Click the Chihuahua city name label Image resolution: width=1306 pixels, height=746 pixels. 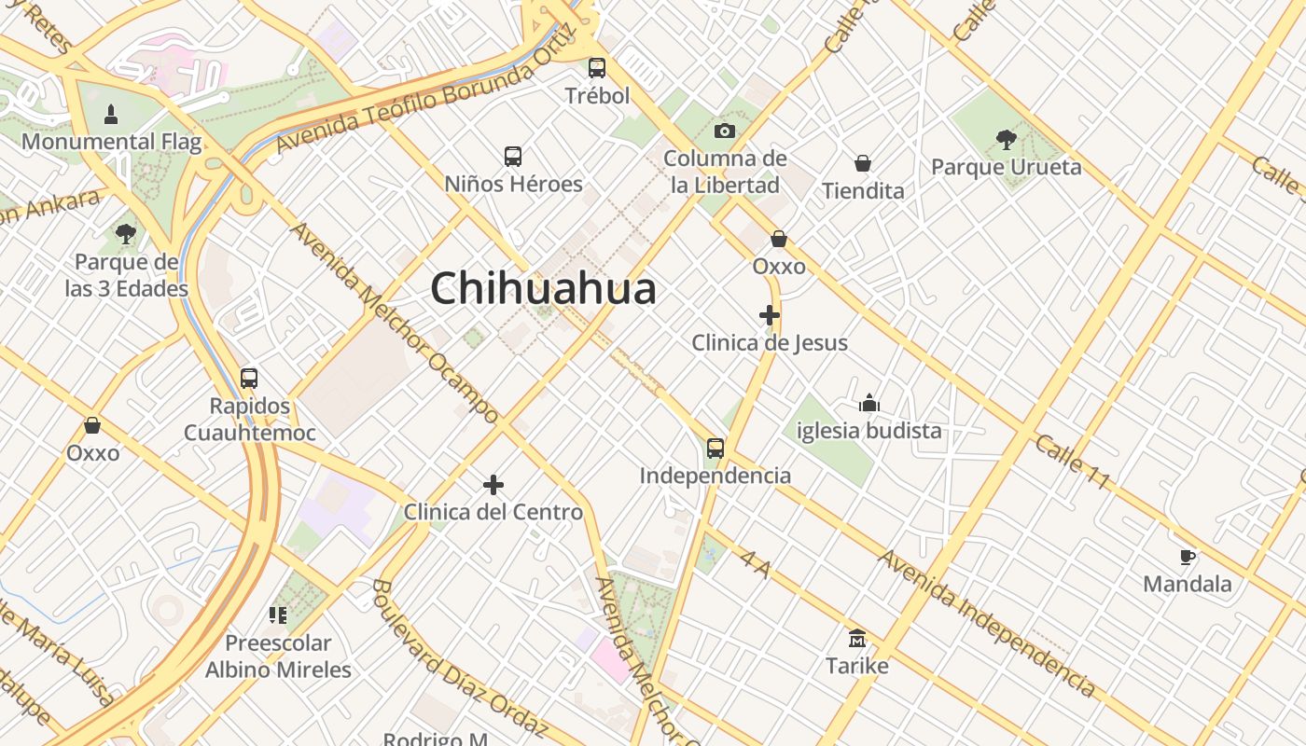tap(543, 289)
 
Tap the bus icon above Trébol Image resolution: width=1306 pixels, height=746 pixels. tap(597, 68)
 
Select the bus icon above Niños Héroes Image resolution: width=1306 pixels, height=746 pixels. tap(513, 156)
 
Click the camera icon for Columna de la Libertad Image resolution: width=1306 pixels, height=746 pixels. tap(725, 131)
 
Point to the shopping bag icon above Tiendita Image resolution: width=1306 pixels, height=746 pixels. tap(863, 163)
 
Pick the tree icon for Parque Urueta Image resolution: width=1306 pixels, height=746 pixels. tap(1006, 140)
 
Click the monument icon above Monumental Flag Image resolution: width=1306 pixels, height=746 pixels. tap(111, 115)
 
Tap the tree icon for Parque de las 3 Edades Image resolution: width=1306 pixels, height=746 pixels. tap(126, 233)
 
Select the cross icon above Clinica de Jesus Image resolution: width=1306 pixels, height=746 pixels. tap(770, 315)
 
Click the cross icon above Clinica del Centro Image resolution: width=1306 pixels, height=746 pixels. tap(493, 485)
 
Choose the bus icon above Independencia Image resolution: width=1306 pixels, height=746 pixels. tap(716, 449)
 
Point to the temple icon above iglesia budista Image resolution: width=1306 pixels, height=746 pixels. tap(869, 403)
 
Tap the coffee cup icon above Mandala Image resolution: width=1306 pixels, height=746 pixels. tap(1188, 557)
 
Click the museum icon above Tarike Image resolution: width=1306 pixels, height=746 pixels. tap(857, 639)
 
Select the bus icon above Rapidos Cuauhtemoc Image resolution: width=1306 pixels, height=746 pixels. tap(249, 379)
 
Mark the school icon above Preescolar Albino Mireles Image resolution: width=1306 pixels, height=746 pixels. tap(278, 615)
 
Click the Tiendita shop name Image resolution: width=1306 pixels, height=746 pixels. tap(863, 191)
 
